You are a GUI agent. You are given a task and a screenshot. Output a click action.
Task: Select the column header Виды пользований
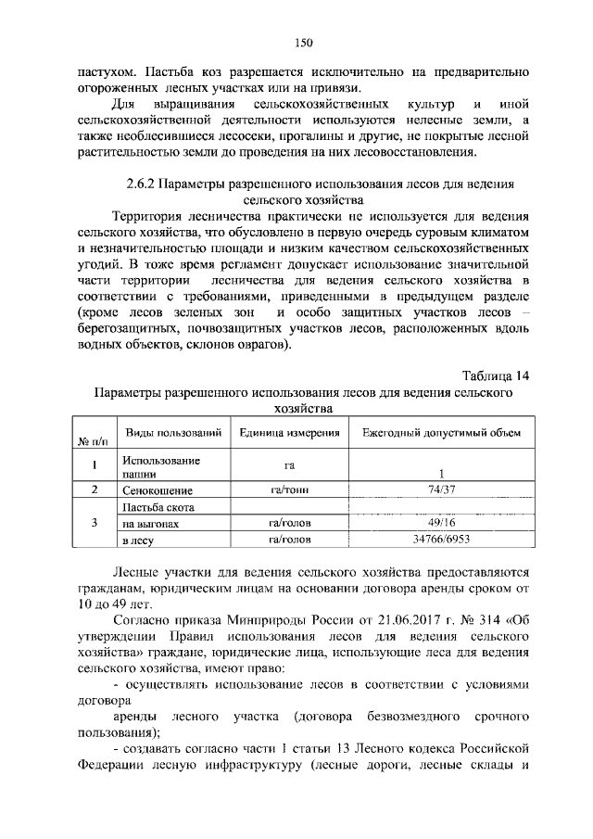click(173, 433)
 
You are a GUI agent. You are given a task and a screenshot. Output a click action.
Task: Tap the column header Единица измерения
click(288, 433)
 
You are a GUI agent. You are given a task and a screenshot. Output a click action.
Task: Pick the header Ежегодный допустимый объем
click(441, 433)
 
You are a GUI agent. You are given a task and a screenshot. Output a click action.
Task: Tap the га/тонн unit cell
click(288, 489)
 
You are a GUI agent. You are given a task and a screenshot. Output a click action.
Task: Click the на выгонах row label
click(151, 524)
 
